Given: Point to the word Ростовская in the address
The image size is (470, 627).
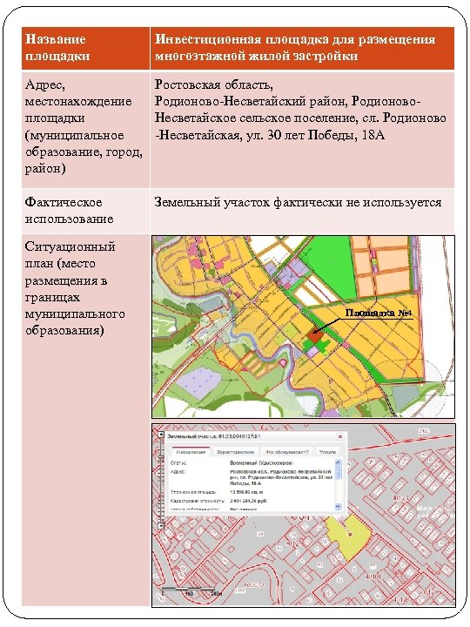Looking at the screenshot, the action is tap(189, 85).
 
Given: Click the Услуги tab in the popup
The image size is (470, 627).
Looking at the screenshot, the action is tap(326, 453).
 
